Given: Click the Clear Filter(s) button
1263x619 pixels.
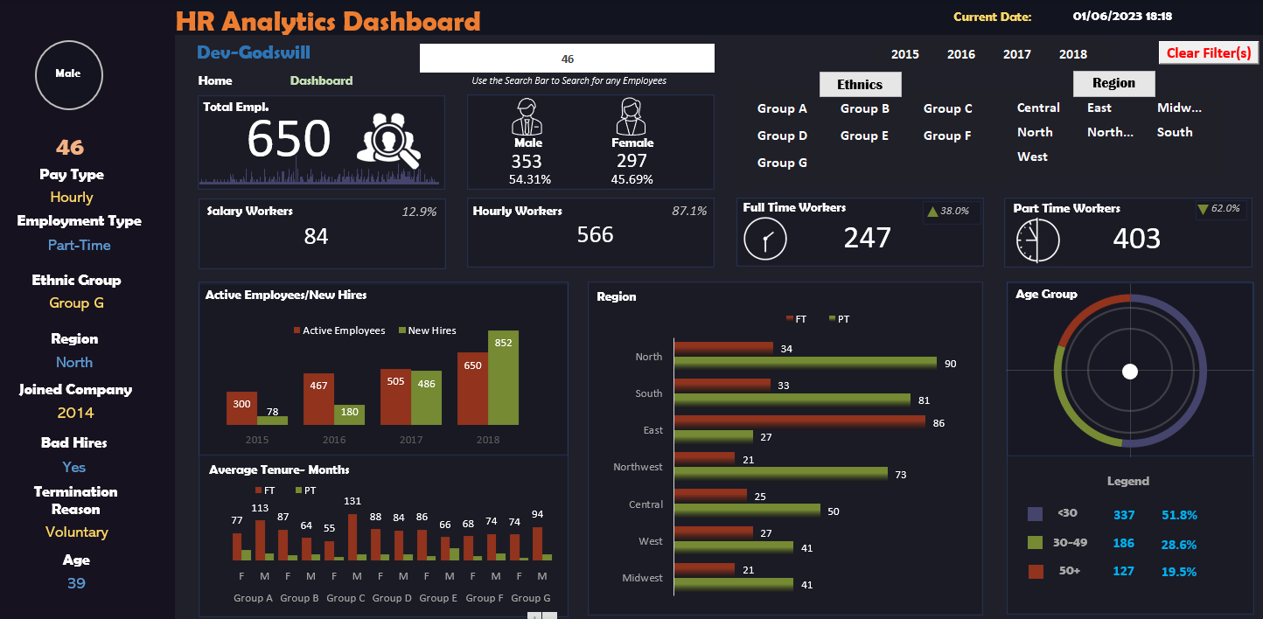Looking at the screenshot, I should tap(1209, 52).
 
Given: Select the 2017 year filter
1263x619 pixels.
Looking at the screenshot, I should tap(1016, 54).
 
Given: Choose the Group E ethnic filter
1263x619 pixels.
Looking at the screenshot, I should tap(864, 136).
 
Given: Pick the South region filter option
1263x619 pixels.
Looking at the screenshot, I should tap(1174, 132).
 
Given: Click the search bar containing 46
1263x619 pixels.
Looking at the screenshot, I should tap(567, 59).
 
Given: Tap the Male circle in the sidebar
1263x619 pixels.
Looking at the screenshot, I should tap(68, 74).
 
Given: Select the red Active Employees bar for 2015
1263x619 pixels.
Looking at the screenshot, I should tap(241, 408).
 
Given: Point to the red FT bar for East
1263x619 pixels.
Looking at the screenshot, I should tap(799, 422).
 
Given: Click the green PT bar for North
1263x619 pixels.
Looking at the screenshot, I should tap(805, 363).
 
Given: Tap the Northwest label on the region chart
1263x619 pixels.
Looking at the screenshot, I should tap(638, 467).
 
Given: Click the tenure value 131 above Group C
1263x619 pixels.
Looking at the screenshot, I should tap(352, 501).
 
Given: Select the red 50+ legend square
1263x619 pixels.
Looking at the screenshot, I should tap(1036, 572).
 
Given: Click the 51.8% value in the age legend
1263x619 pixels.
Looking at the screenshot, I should tap(1178, 515).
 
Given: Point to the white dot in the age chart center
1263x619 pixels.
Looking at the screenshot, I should tap(1129, 372).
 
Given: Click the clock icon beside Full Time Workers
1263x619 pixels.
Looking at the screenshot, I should tap(765, 239).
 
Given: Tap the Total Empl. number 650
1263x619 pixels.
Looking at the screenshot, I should tap(289, 140).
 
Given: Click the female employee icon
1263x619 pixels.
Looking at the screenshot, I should tap(631, 115).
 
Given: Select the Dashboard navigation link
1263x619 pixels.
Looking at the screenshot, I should tap(321, 80).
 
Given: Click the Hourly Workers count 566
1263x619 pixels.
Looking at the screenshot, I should tap(595, 234).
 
